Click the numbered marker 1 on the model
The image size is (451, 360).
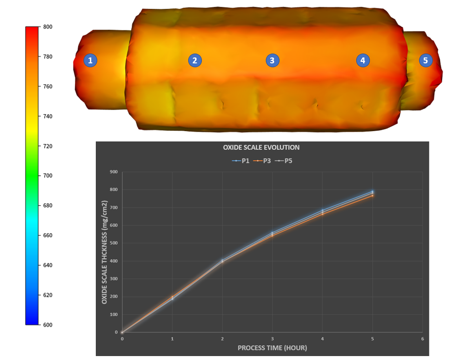pyautogui.click(x=90, y=60)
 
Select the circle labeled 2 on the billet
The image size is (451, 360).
pyautogui.click(x=195, y=60)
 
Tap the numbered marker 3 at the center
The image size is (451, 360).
pyautogui.click(x=272, y=60)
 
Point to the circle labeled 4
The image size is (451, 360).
pyautogui.click(x=363, y=60)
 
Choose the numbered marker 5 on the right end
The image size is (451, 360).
pyautogui.click(x=425, y=60)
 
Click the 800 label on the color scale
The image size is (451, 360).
pyautogui.click(x=48, y=27)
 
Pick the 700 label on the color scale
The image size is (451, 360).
pyautogui.click(x=48, y=175)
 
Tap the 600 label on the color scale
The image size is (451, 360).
pyautogui.click(x=48, y=325)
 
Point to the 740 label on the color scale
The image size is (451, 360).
pyautogui.click(x=48, y=116)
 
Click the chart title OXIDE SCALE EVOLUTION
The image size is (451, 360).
pyautogui.click(x=261, y=147)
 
